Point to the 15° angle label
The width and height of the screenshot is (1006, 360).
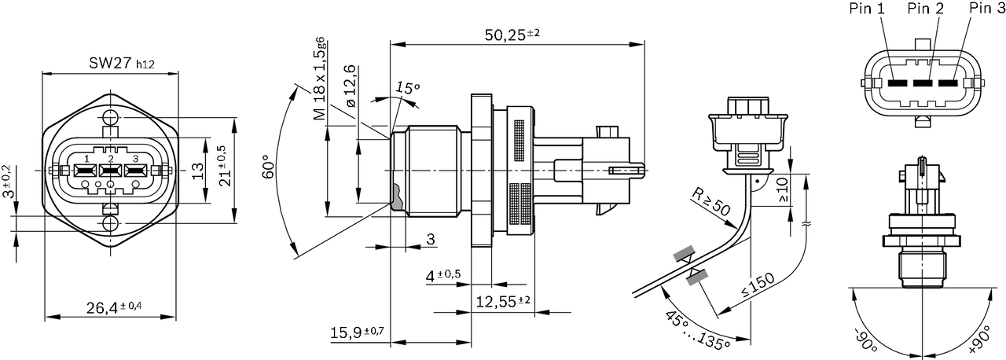[406, 87]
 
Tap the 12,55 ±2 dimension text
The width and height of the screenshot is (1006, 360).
[503, 300]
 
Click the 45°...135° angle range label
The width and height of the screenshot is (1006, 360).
[696, 328]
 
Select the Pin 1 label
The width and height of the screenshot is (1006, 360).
[867, 9]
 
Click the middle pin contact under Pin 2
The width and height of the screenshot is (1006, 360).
[924, 83]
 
